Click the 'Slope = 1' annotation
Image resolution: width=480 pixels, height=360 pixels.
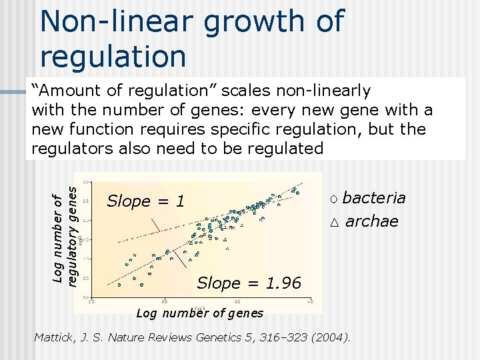click(145, 201)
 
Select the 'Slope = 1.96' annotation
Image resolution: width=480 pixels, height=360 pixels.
click(249, 283)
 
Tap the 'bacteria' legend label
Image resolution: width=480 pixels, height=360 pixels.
click(373, 198)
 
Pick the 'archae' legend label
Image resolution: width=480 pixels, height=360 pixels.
click(371, 221)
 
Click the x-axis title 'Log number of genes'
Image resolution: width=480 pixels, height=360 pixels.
click(199, 313)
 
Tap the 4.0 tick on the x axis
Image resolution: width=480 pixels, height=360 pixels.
click(310, 302)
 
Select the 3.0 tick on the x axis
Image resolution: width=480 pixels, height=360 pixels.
click(164, 302)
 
